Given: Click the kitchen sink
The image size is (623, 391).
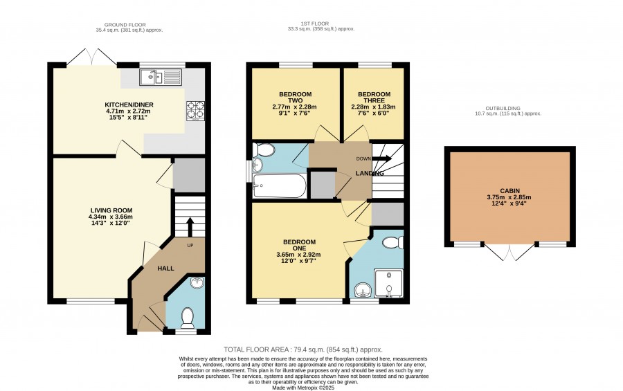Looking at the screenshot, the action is coord(161,77).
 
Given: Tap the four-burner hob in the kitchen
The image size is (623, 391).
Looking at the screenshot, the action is coord(195,111).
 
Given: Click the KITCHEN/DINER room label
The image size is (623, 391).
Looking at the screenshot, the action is coord(129,104).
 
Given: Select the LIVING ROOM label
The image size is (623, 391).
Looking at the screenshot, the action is coord(111,210).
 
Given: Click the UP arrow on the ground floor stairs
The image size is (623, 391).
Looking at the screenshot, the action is coord(190,227).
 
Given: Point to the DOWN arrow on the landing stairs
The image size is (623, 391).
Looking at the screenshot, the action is coord(382,158).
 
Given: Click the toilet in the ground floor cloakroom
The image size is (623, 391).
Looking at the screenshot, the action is coord(187,318).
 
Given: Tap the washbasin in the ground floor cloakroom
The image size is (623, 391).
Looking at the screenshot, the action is coord(197,282).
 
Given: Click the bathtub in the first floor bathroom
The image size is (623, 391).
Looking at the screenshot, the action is coord(280,185).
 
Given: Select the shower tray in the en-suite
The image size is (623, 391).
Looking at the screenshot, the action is coord(389,284).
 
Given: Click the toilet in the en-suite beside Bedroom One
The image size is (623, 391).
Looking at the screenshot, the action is coord(394,242).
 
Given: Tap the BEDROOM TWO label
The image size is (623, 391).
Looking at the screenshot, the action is coord(295,98).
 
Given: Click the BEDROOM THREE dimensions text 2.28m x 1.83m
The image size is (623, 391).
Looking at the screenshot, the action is coord(374,107).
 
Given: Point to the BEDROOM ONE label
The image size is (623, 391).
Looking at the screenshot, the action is coord(299,245).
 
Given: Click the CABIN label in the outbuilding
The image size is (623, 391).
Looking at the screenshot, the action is coord(509,191).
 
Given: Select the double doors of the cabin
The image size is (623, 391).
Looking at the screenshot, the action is coord(509,251).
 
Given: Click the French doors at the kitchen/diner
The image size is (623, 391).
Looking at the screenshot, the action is coord(92,57).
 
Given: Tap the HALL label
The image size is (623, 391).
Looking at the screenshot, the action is coord(165,269).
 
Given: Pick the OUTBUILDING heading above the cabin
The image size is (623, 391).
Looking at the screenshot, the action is coord(503,108).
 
